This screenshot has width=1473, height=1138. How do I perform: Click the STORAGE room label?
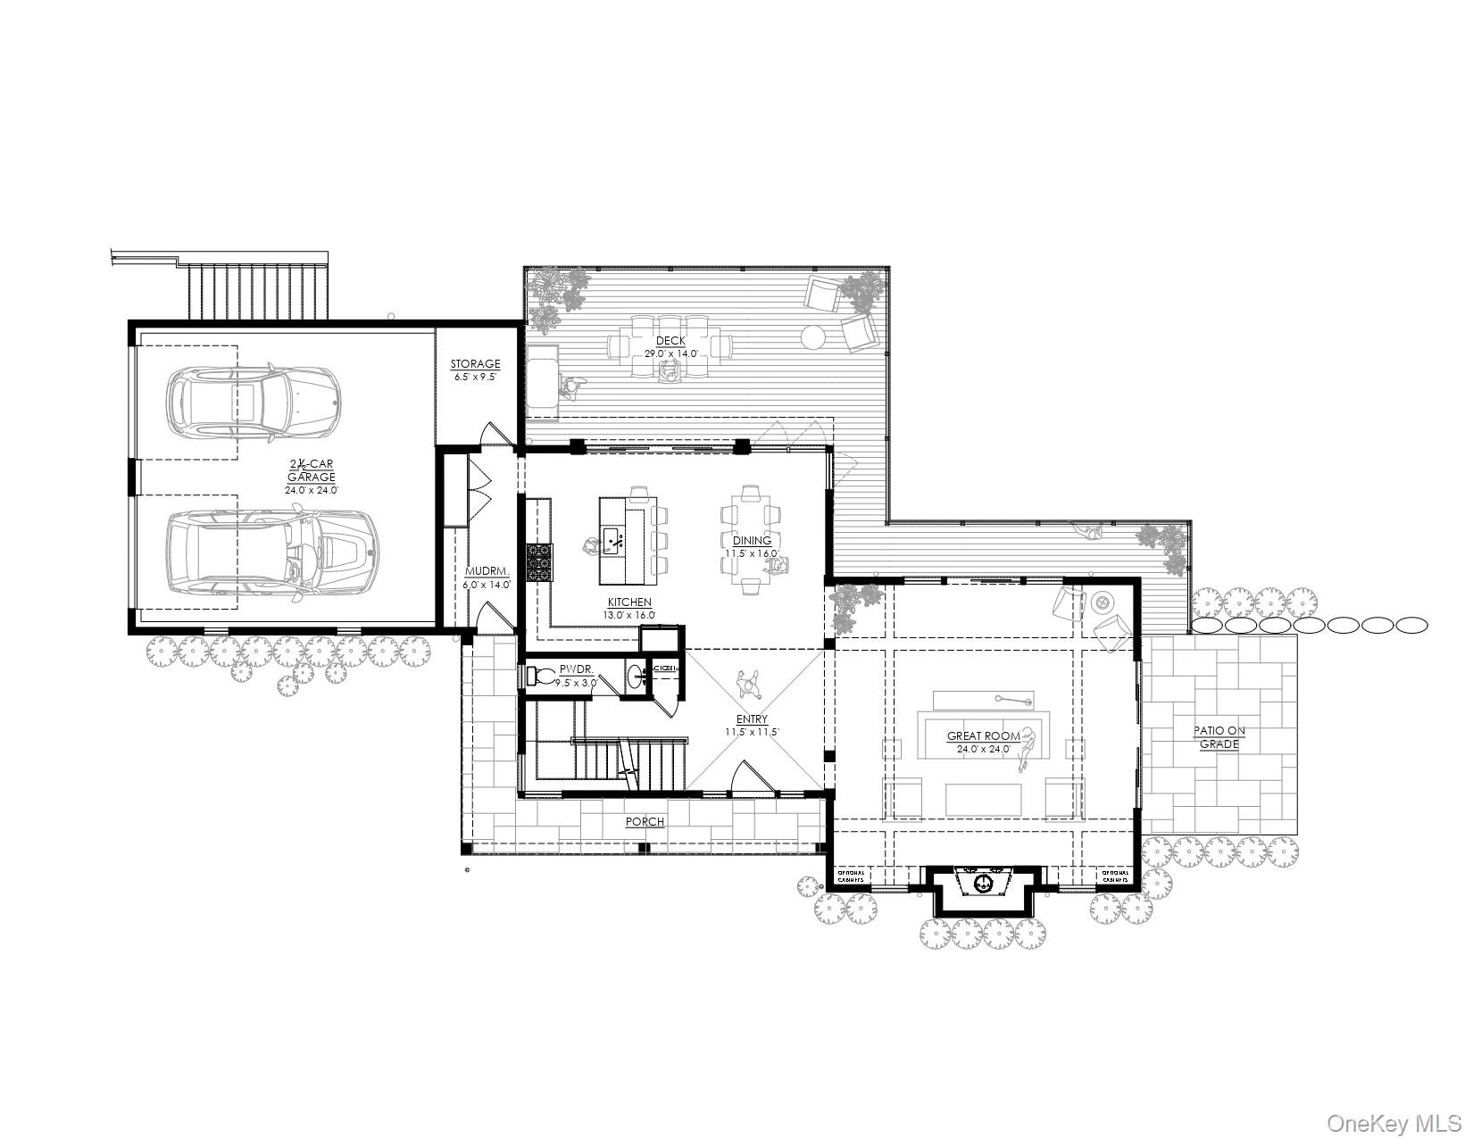tap(475, 364)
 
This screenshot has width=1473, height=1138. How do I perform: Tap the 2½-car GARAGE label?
tap(311, 470)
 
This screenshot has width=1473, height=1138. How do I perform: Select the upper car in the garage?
tap(254, 402)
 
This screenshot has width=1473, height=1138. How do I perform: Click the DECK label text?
tap(670, 341)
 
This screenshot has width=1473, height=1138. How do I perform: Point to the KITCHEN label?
tap(629, 602)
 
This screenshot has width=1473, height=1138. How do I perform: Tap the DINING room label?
tap(753, 541)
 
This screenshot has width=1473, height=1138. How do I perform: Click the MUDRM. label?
tap(487, 572)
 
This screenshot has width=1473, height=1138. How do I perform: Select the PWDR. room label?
tap(571, 669)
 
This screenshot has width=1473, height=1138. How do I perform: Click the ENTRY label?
tap(752, 719)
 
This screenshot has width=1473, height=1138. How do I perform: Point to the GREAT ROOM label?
tap(983, 736)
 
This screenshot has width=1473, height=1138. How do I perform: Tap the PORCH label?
tap(645, 821)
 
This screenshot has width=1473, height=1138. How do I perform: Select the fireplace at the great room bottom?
tap(983, 884)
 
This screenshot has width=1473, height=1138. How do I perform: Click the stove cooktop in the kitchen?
tap(539, 561)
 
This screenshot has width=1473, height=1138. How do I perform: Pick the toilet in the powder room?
tap(544, 676)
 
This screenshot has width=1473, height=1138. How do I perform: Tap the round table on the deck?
tap(813, 337)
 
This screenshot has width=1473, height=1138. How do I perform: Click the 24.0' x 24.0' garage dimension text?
tap(311, 490)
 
